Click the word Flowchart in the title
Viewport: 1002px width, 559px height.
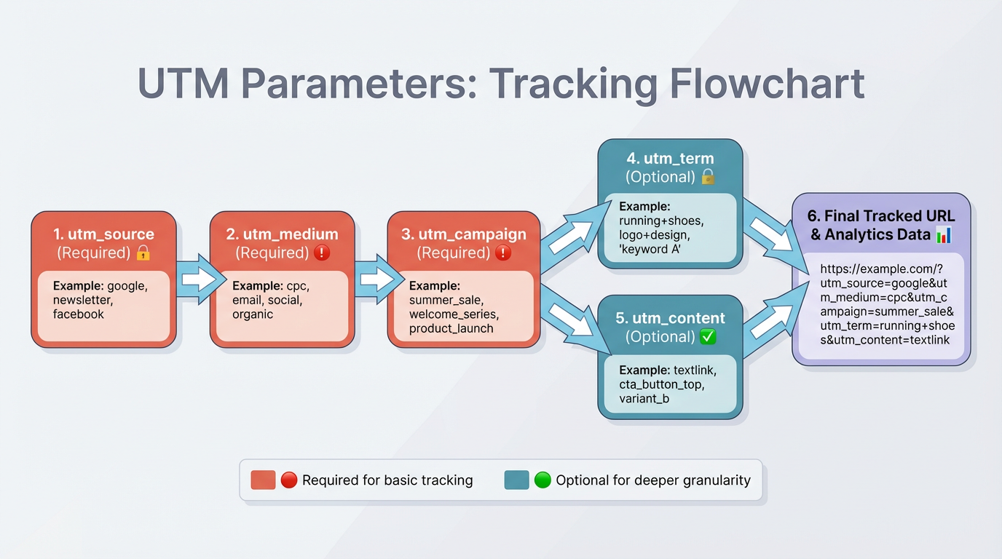pos(766,84)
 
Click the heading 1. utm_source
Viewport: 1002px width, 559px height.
pos(103,234)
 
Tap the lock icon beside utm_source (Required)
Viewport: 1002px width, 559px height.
pos(143,253)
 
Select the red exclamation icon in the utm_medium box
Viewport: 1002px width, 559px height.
pos(321,253)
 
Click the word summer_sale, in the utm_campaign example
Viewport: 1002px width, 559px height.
pos(446,300)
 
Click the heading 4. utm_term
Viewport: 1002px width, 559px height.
pos(670,158)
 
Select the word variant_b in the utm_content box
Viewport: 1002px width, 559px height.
pos(644,398)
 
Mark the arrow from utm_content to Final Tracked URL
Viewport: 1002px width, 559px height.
pos(770,321)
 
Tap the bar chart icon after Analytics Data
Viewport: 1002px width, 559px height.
pos(943,234)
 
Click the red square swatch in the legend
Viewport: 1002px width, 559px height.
pos(262,480)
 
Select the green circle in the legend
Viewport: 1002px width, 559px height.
pos(543,480)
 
